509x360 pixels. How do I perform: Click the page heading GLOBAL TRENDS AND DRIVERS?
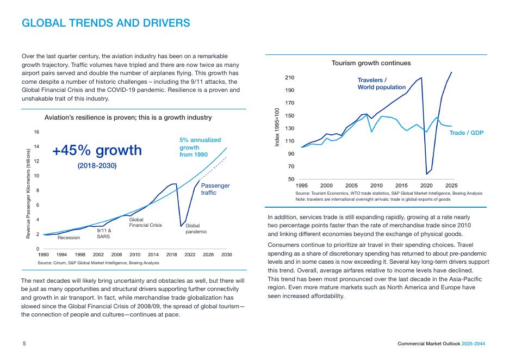[105, 23]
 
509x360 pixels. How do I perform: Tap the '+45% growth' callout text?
[97, 150]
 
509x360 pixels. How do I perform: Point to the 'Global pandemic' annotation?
[193, 228]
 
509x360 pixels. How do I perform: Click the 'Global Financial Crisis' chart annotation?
[145, 222]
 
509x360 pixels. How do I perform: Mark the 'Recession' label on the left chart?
[69, 238]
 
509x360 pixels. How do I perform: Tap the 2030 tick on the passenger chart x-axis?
[227, 254]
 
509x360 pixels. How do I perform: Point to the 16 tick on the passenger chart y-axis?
[36, 132]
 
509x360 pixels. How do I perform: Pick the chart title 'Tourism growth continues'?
[371, 63]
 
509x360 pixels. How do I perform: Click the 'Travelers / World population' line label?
[381, 84]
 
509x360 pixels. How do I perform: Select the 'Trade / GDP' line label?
[466, 133]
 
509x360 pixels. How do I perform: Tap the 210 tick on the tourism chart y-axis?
[289, 78]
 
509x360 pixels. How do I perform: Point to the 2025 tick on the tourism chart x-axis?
[451, 185]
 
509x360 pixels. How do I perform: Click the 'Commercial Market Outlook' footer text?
[429, 344]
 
